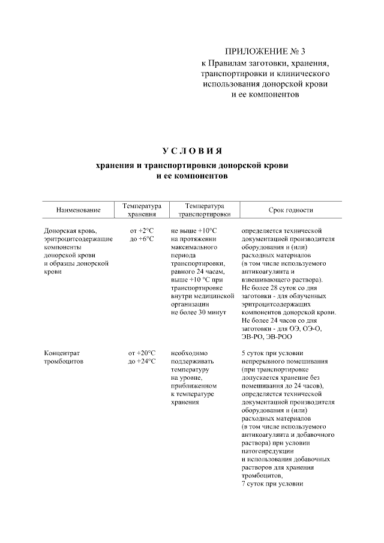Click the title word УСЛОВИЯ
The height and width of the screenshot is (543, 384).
[x=192, y=150]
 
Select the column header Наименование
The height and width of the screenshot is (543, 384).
[x=78, y=210]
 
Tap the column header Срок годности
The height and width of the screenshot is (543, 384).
[x=291, y=210]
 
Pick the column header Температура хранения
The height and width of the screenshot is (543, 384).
[x=142, y=209]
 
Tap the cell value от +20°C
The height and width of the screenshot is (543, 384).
[x=142, y=353]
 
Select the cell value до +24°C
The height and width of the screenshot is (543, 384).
[x=142, y=361]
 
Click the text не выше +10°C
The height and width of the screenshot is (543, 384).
[x=193, y=230]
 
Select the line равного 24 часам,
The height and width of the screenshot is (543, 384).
[x=197, y=271]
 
